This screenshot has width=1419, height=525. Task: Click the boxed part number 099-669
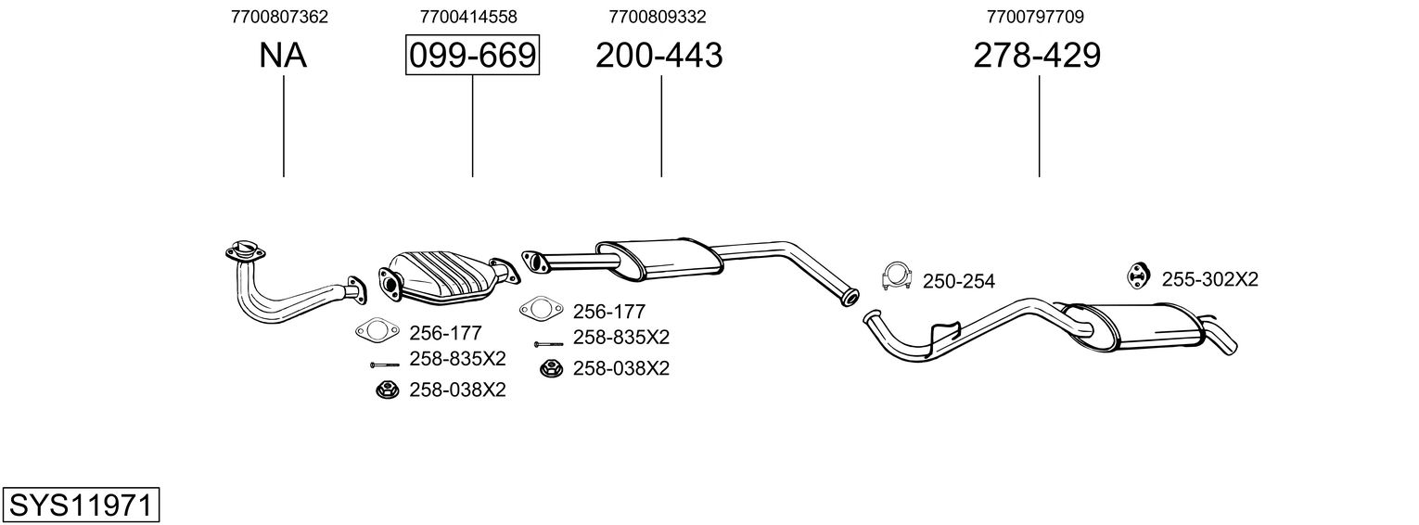pos(472,56)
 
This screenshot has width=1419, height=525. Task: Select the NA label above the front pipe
pos(283,56)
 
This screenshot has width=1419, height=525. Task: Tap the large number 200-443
pos(658,56)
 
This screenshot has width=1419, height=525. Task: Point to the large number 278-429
pos(1037,56)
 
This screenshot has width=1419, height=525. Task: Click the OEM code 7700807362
pos(278,17)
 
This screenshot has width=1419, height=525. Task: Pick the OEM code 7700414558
pos(468,17)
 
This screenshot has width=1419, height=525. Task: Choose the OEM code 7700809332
pos(658,17)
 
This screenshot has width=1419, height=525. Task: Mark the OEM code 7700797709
pos(1036,17)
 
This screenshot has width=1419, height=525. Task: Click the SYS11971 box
pos(81,505)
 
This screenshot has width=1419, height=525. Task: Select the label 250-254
pos(958,281)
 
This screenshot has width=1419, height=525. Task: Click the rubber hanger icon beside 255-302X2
pos(1137,275)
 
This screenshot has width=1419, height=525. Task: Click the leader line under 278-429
pos(1039,125)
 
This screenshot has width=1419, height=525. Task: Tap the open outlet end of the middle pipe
pos(848,299)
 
